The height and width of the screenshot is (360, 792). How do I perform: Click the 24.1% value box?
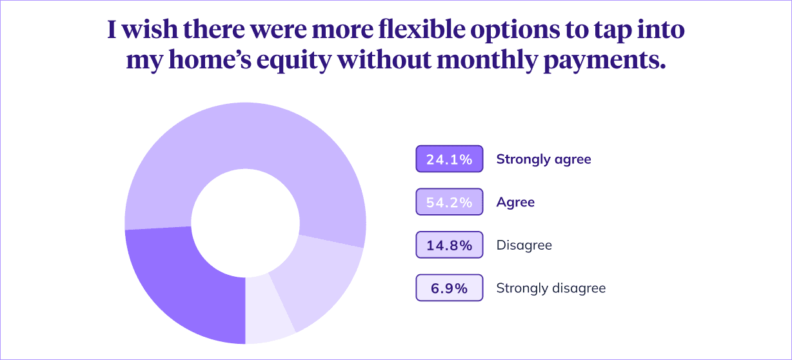click(450, 159)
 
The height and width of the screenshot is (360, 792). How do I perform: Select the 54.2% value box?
click(450, 202)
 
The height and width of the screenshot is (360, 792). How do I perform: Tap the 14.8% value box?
click(450, 245)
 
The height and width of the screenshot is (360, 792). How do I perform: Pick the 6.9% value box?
click(450, 288)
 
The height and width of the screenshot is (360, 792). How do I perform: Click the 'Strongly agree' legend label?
click(543, 159)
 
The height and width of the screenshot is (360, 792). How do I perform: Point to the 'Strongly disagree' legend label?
click(551, 288)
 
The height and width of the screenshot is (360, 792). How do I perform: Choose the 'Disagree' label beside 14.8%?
click(524, 245)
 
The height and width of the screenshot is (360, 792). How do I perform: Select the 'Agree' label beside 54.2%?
click(515, 202)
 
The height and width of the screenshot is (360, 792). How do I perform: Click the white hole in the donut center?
click(245, 222)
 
